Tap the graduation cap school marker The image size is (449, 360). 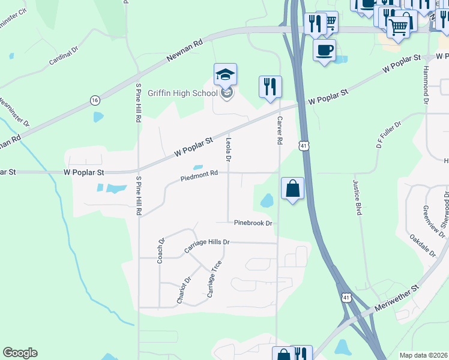pyautogui.click(x=226, y=74)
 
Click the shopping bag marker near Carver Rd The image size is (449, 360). pyautogui.click(x=292, y=188)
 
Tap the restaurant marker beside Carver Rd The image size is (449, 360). pyautogui.click(x=270, y=86)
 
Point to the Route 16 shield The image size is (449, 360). pyautogui.click(x=95, y=100)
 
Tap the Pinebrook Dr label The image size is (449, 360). pyautogui.click(x=253, y=223)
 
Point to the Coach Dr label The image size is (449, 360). pyautogui.click(x=161, y=251)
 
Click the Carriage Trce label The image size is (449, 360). pyautogui.click(x=214, y=279)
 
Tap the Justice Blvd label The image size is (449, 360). pyautogui.click(x=358, y=198)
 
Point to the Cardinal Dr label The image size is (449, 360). pyautogui.click(x=64, y=54)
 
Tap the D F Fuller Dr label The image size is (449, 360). pyautogui.click(x=388, y=134)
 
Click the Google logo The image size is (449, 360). pyautogui.click(x=20, y=353)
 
